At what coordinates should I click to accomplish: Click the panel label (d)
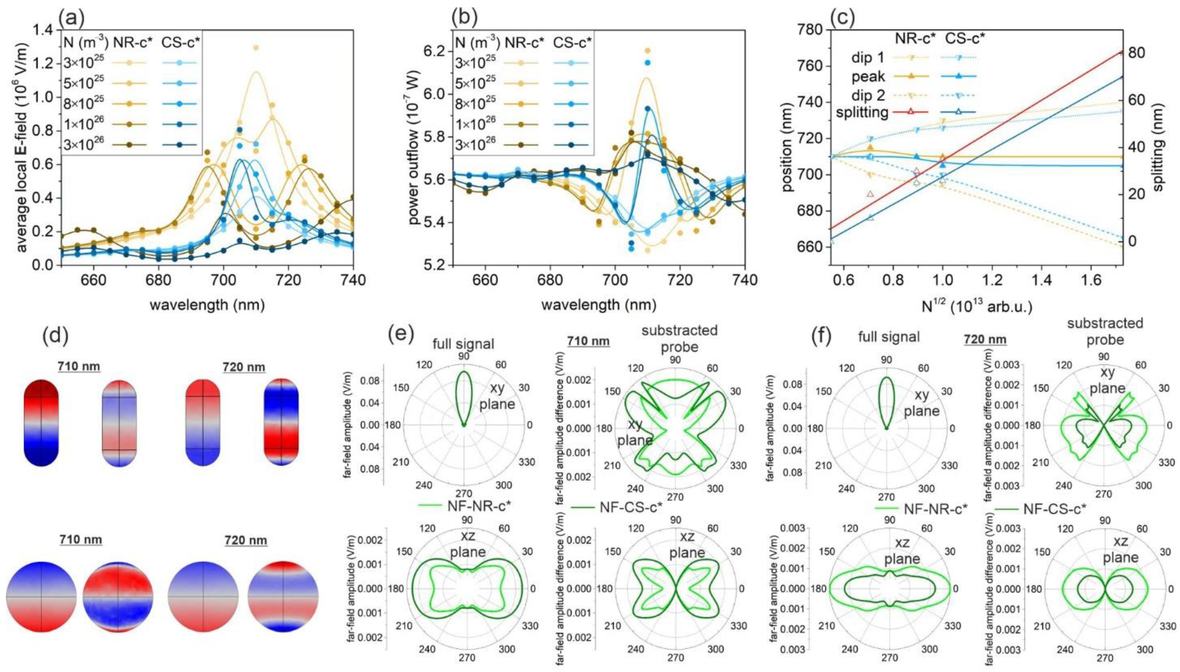coord(57,338)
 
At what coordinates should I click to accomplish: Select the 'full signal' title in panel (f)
coord(888,337)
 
